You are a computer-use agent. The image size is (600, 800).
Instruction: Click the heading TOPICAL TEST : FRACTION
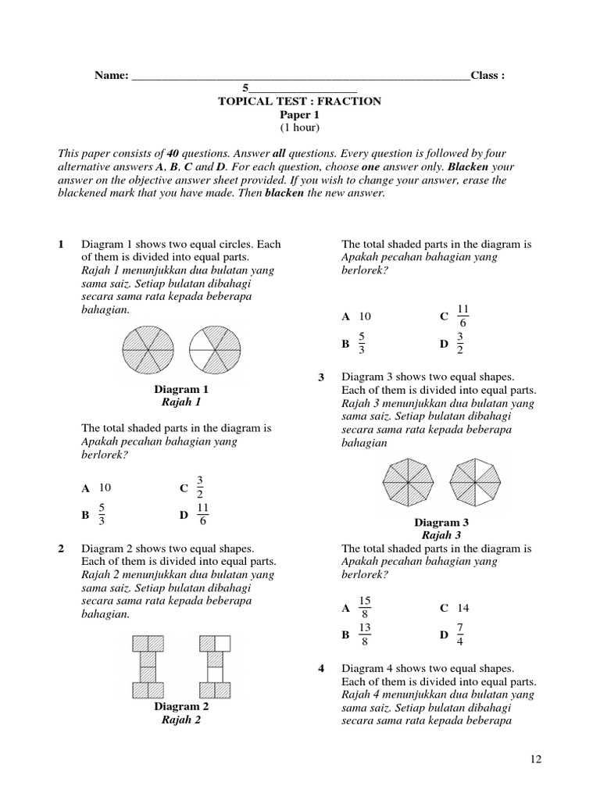(x=300, y=102)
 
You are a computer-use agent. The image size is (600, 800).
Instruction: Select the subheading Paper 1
(x=300, y=115)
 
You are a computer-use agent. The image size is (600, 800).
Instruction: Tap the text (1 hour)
(x=300, y=127)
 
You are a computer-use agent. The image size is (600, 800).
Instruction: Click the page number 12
(x=534, y=759)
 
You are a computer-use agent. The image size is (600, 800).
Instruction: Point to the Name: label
(x=111, y=76)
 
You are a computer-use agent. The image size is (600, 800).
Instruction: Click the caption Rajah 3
(x=441, y=535)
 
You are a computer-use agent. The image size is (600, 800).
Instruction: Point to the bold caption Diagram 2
(x=181, y=706)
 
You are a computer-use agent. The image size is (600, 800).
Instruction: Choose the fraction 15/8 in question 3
(x=365, y=608)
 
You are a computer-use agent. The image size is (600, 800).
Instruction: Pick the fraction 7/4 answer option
(x=460, y=635)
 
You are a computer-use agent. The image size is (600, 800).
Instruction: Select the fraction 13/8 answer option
(x=365, y=635)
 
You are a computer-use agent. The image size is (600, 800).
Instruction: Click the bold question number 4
(x=321, y=669)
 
